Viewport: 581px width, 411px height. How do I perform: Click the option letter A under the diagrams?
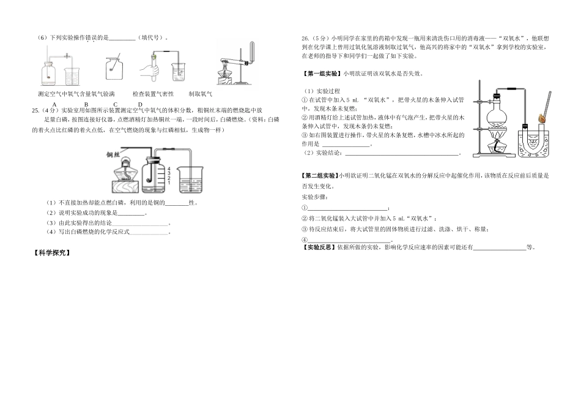pyautogui.click(x=55, y=104)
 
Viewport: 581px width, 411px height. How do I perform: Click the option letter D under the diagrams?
pyautogui.click(x=140, y=104)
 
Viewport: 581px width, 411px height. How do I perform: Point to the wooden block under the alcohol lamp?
pyautogui.click(x=125, y=186)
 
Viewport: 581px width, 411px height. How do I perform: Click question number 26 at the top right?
pyautogui.click(x=306, y=38)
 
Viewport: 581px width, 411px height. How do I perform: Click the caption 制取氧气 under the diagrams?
pyautogui.click(x=200, y=94)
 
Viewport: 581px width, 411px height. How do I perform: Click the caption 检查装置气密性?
pyautogui.click(x=153, y=94)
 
